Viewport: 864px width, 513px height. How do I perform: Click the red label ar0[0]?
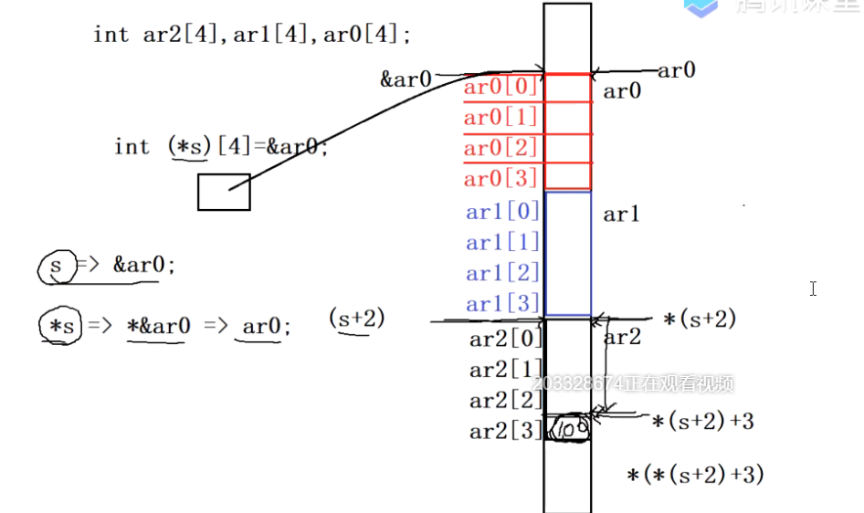(x=500, y=88)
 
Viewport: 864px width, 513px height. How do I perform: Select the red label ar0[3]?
(x=500, y=178)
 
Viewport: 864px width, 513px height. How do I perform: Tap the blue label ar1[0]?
(x=502, y=212)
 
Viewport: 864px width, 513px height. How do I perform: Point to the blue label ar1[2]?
(x=502, y=273)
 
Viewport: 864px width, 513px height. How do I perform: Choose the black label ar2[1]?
(x=506, y=370)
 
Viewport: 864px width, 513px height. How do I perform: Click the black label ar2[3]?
(x=506, y=431)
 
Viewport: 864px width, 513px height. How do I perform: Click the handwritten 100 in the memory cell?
(x=568, y=428)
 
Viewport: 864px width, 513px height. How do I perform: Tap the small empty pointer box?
(x=224, y=192)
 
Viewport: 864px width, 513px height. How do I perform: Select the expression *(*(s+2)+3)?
(x=695, y=475)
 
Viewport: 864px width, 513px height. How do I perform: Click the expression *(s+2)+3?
(x=702, y=421)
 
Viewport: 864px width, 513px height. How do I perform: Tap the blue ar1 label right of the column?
(x=622, y=215)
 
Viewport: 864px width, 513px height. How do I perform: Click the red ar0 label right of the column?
(x=622, y=90)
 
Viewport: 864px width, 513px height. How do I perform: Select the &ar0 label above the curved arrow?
(x=406, y=79)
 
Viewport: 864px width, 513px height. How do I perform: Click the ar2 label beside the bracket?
(x=624, y=337)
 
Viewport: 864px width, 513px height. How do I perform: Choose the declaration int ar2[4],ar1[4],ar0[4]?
(x=252, y=35)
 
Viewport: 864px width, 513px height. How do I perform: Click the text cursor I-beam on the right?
(x=813, y=288)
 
